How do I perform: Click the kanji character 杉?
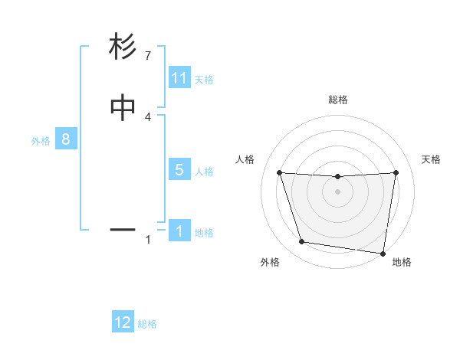tap(123, 47)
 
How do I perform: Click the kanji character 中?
tap(123, 108)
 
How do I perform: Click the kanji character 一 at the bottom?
tap(123, 229)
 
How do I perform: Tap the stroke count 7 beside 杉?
tap(148, 56)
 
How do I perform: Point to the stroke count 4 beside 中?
tap(148, 116)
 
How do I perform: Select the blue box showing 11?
tap(179, 78)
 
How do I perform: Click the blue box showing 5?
tap(179, 170)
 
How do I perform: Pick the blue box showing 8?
tap(66, 139)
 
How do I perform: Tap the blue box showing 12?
tap(123, 322)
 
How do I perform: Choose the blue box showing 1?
tap(179, 231)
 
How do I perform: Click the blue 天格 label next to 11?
tap(204, 80)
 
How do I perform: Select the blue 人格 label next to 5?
tap(204, 172)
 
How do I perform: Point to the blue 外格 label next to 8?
tap(41, 141)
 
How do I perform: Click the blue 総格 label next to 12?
tap(147, 324)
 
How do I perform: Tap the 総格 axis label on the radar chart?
tap(337, 100)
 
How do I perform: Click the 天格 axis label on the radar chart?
tap(432, 159)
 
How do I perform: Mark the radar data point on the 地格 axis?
tap(383, 253)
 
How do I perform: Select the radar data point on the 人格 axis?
tap(279, 172)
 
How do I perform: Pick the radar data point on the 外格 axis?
tap(302, 242)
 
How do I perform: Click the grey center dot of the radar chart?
tap(337, 192)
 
